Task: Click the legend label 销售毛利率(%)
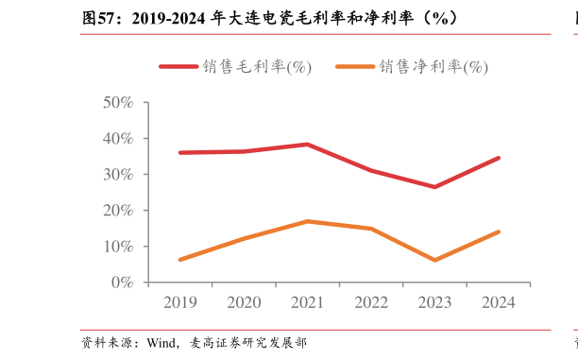pos(255,67)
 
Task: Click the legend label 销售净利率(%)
pos(433,67)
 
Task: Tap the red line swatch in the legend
pos(178,67)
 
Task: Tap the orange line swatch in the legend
pos(355,67)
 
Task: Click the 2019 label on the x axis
pos(179,302)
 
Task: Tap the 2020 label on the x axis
pos(244,302)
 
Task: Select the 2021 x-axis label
pos(307,302)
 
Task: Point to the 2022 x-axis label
pos(371,302)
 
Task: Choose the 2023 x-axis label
pos(434,302)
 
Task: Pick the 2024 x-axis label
pos(499,302)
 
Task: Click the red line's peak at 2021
pos(307,145)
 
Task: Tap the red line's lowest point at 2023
pos(434,187)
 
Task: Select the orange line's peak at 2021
pos(307,221)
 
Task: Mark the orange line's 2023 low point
pos(434,260)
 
